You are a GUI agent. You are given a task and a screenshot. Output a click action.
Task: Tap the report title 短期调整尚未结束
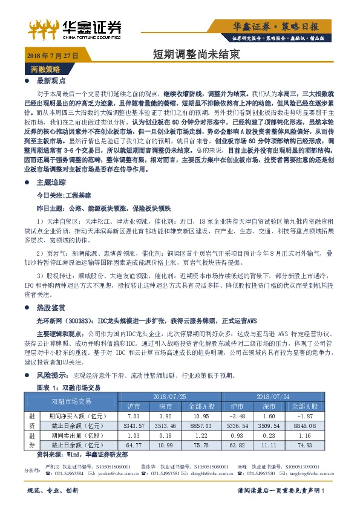coord(196,54)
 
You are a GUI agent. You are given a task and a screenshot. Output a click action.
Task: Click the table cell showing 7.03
coord(134,416)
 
